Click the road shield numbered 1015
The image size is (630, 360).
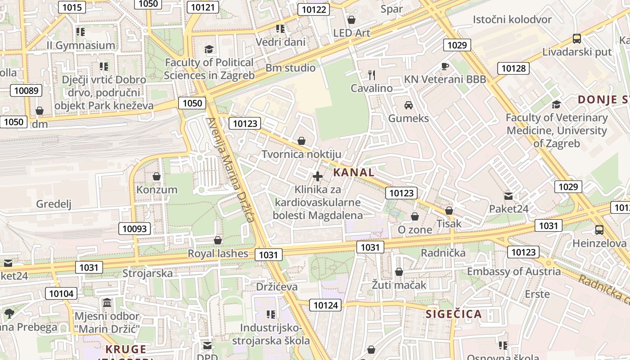tap(72, 7)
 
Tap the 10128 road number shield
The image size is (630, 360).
tap(513, 68)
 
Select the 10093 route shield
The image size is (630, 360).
tap(135, 229)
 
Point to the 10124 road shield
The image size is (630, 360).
tap(325, 305)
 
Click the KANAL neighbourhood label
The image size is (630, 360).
tap(354, 172)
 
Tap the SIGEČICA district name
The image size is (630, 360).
tap(454, 314)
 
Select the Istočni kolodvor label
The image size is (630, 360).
tap(512, 19)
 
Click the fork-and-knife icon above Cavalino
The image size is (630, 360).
tap(371, 75)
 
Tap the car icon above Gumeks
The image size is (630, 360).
tap(409, 105)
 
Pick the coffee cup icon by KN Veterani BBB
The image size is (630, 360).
tap(445, 67)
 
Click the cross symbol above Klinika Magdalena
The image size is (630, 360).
tap(318, 176)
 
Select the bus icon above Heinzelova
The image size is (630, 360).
tap(599, 230)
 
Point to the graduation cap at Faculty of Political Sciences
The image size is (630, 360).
tap(209, 49)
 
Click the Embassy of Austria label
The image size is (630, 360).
tap(514, 271)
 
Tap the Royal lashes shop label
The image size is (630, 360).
tap(218, 253)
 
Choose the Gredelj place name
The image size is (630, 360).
tap(54, 204)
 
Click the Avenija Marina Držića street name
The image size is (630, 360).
tap(230, 170)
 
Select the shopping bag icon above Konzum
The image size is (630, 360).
tap(157, 176)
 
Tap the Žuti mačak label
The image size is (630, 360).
tap(399, 285)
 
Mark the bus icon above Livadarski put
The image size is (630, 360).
tap(576, 39)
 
